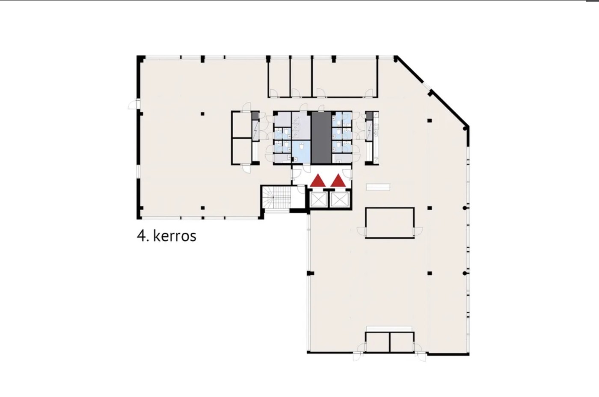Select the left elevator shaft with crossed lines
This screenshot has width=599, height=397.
[318, 199]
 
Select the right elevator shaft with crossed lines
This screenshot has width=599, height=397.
[340, 199]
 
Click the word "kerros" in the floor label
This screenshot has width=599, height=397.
[175, 236]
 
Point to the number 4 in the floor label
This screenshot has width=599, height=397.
[141, 236]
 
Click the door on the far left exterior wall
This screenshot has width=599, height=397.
[133, 104]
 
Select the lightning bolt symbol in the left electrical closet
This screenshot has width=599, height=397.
[256, 131]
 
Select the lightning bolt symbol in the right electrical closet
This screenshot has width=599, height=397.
[369, 130]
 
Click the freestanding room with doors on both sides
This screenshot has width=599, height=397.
[390, 223]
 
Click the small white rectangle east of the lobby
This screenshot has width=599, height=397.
[378, 187]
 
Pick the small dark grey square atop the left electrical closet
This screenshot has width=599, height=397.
[255, 116]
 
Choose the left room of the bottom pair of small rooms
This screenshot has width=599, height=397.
[377, 342]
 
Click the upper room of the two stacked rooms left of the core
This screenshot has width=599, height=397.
[242, 125]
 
